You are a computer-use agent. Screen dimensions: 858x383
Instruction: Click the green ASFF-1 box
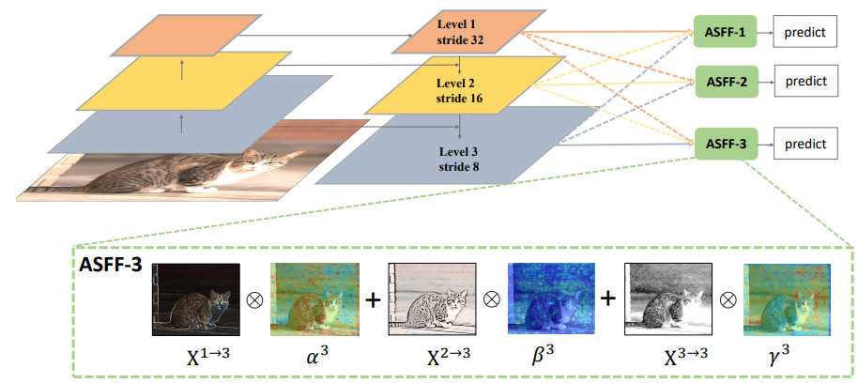coord(725,31)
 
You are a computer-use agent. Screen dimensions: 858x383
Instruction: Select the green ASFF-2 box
coord(727,82)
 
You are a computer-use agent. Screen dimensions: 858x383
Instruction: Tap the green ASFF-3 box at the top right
coord(726,144)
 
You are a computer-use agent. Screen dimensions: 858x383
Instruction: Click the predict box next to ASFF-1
coord(804,32)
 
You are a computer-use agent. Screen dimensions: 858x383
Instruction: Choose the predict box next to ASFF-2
coord(806,82)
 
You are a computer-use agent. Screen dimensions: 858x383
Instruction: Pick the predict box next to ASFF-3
coord(805,145)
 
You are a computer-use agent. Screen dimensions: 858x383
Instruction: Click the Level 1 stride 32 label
coord(460,32)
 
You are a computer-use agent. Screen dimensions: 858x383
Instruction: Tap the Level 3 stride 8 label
coord(460,159)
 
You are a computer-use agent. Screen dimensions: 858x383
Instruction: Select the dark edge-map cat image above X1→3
coord(196,299)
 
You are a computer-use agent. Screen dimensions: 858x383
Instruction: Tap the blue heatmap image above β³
coord(551,299)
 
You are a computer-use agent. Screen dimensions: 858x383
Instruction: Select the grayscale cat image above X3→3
coord(668,299)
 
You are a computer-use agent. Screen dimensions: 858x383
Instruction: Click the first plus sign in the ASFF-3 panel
coord(373,299)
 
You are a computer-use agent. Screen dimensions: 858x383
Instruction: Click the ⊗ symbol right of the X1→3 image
coord(255,299)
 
